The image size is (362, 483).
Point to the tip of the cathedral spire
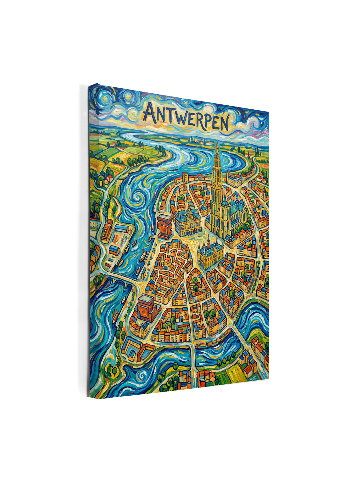tap(217, 140)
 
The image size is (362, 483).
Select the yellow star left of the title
tap(128, 94)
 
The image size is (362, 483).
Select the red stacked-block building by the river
tap(164, 226)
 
